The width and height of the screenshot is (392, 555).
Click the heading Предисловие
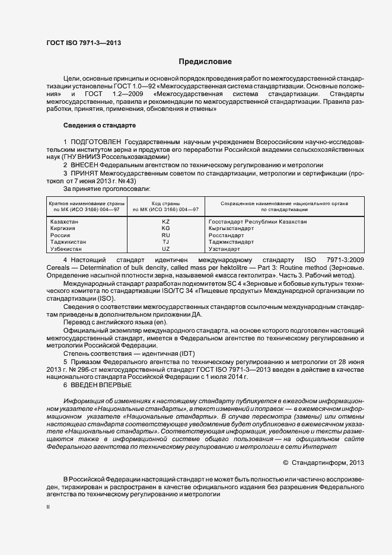tap(206, 62)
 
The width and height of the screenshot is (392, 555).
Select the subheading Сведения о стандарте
tap(100, 126)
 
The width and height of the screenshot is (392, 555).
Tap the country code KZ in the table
tap(165, 221)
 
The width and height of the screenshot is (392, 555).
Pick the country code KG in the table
tap(165, 228)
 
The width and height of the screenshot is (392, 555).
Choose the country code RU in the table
tap(165, 235)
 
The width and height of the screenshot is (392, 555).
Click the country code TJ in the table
tap(165, 242)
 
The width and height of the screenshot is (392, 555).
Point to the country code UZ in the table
tap(165, 249)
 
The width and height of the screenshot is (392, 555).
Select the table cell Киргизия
tap(64, 228)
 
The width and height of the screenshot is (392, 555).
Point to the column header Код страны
tap(165, 203)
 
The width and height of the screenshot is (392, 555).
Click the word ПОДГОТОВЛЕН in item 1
tap(96, 143)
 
